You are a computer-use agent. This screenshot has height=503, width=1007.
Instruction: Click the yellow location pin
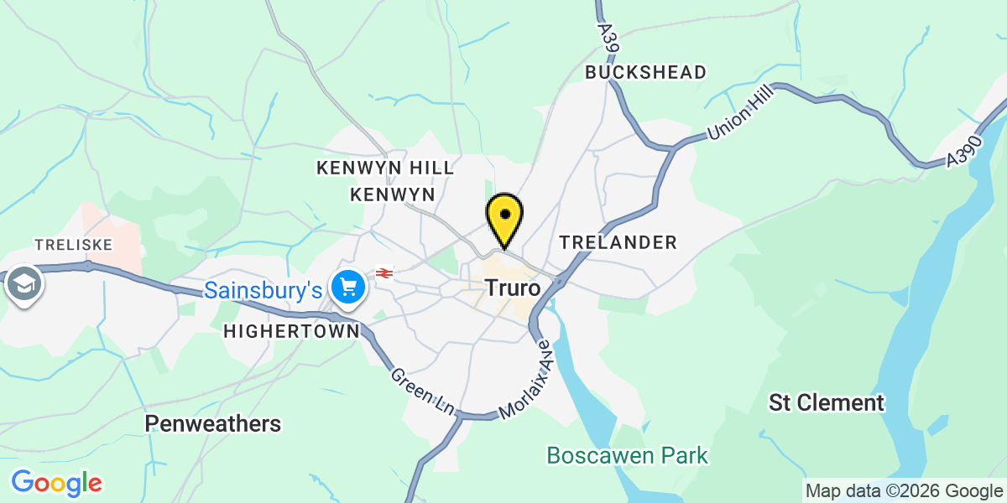[505, 217]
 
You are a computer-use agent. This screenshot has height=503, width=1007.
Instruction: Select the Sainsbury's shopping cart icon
[347, 288]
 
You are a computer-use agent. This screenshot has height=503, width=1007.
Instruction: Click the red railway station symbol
[384, 273]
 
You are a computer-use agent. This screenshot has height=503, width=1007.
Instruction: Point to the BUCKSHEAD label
[646, 72]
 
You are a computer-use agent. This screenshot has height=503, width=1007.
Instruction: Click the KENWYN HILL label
[385, 168]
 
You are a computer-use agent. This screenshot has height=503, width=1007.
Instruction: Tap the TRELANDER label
[618, 242]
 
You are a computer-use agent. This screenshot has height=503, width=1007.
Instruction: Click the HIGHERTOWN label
[291, 331]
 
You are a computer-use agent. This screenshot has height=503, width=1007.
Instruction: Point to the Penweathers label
[213, 423]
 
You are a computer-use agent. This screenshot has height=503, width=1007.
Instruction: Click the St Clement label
[827, 403]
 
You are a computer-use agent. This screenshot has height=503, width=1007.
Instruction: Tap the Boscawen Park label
[628, 456]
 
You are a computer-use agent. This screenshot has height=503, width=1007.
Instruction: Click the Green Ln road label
[422, 390]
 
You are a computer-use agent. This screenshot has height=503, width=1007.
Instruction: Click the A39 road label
[608, 38]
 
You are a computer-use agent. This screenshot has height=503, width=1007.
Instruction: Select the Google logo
[56, 483]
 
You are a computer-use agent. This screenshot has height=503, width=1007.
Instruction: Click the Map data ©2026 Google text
[904, 491]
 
